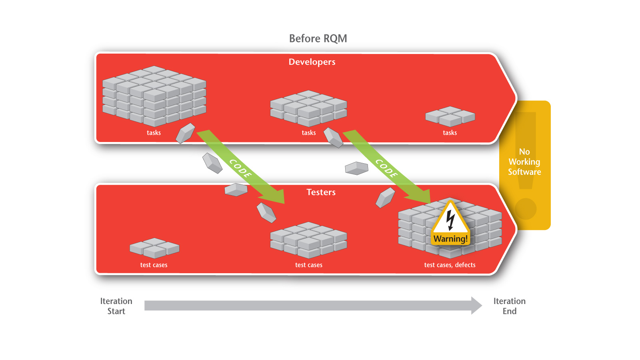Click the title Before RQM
pos(318,38)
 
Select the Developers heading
pos(312,62)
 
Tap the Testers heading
pos(321,192)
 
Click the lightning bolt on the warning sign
pos(450,220)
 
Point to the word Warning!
pos(450,239)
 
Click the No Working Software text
pos(524,162)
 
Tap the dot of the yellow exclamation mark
pos(526,209)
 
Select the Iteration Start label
pos(116,306)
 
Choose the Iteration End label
pos(509,306)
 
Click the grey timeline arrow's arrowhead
pos(476,306)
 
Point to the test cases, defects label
pos(450,265)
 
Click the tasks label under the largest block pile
pos(154,133)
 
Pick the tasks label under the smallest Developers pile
pos(450,133)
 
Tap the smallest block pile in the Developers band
pos(450,116)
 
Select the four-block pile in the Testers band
pos(154,248)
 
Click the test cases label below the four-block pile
pos(154,265)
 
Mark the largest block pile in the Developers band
pos(154,96)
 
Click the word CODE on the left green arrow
pos(240,168)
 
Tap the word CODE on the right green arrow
pos(386,168)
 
